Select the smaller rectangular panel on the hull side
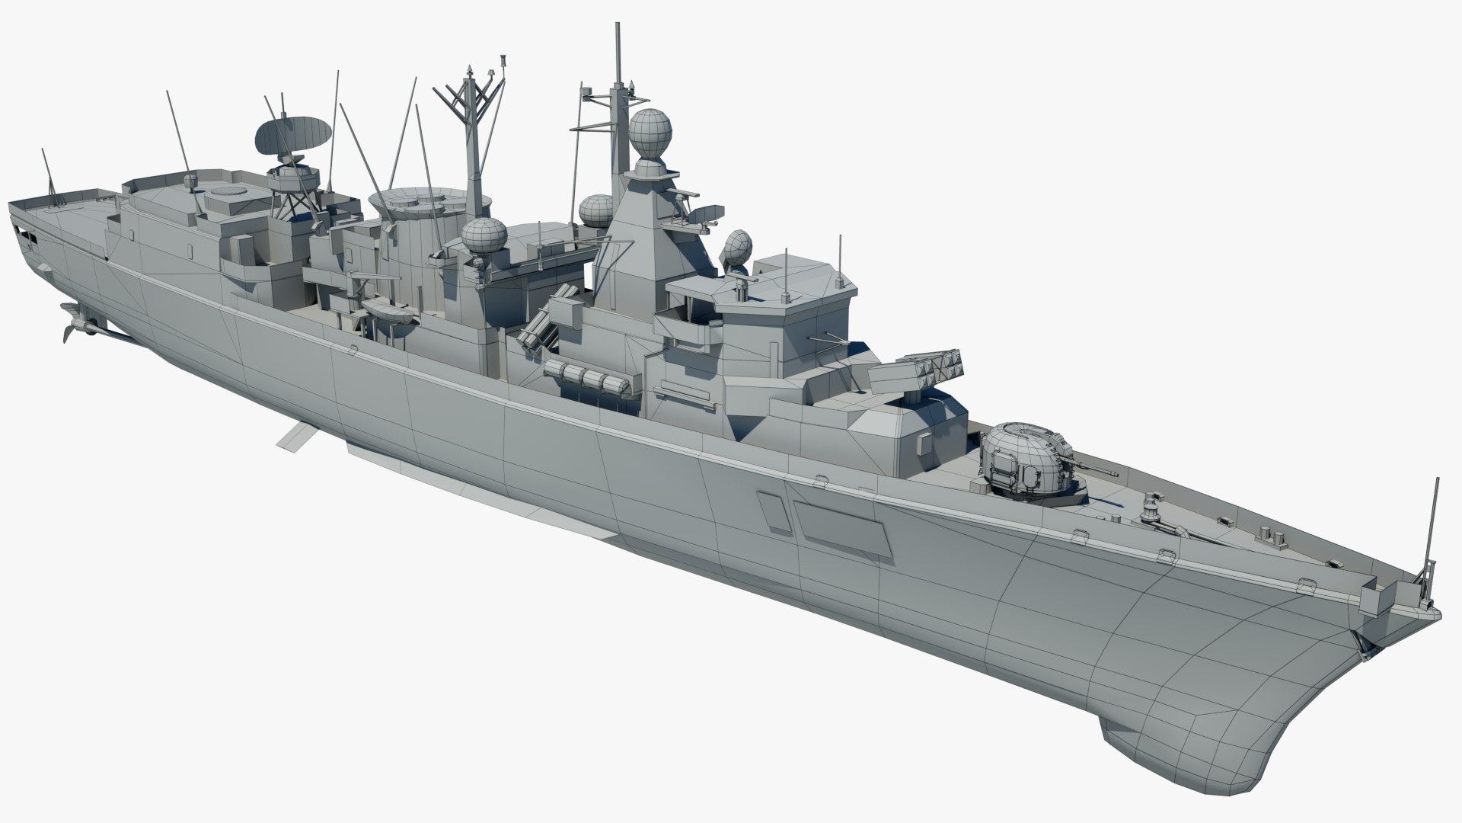point(772,511)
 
